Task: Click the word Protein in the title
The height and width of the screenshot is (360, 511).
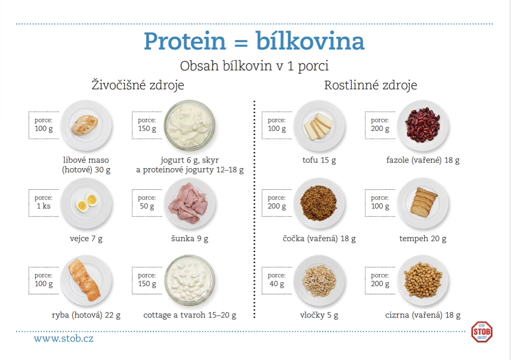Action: coord(185,42)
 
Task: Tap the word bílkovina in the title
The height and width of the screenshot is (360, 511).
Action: coord(310,41)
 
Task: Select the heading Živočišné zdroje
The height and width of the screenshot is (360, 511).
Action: coord(138,85)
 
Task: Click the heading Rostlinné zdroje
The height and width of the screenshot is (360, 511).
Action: coord(370,85)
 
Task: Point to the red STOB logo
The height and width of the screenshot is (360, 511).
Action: coord(482,332)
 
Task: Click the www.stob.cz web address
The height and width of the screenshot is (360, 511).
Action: coord(63,339)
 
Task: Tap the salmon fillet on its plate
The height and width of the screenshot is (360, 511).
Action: coord(85,279)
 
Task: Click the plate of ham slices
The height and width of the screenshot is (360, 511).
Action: coord(189,204)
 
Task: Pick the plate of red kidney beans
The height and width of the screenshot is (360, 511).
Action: coord(423,125)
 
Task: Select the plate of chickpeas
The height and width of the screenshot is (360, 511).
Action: coord(423,281)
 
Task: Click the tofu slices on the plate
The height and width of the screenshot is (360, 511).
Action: coord(319,126)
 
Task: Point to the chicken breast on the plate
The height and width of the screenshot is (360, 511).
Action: coord(85,124)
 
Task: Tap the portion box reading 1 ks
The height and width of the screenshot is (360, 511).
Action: coord(44,203)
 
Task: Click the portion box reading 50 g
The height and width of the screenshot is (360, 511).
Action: coord(147,203)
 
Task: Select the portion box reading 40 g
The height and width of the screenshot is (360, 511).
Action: coord(277,280)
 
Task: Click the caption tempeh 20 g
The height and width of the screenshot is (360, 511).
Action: coord(423,239)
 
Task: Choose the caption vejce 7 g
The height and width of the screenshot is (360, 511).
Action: coord(86,239)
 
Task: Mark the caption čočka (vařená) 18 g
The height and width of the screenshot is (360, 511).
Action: coord(319,239)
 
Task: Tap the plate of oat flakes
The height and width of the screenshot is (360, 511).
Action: coord(319,281)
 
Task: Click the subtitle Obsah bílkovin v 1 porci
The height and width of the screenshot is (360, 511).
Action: coord(254,66)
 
